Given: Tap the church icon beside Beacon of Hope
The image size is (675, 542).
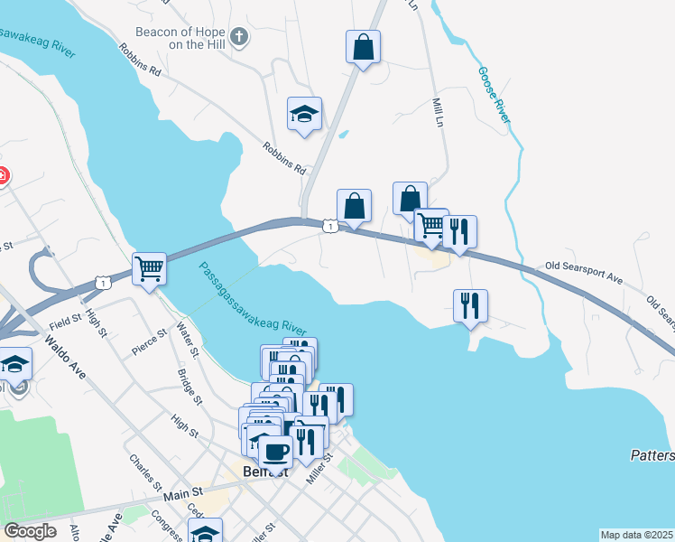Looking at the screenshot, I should coord(238,37).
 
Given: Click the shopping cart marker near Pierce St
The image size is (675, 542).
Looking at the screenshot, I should coord(149,267).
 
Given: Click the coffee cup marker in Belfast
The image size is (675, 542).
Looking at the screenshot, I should coord(275,449).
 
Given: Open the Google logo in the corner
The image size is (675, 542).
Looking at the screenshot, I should coord(30,530).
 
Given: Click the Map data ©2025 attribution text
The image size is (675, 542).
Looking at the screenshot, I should coord(636,535).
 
